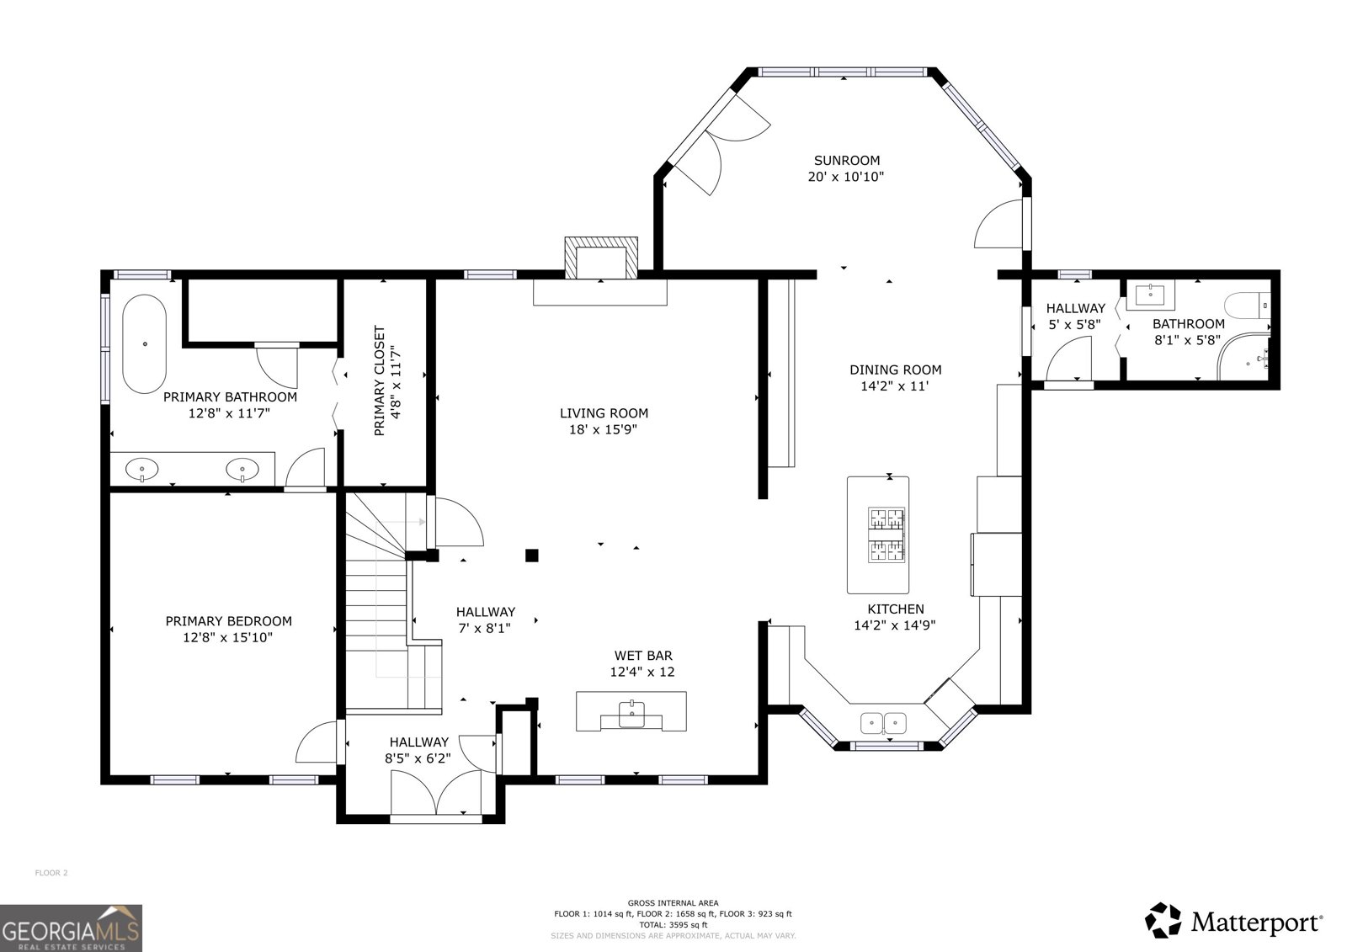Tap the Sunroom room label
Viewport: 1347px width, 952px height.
846,160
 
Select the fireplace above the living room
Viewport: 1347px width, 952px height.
600,258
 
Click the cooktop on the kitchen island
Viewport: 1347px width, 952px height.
886,535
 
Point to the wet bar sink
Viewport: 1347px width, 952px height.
631,713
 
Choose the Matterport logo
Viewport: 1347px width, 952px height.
1233,921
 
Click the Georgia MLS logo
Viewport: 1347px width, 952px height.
71,928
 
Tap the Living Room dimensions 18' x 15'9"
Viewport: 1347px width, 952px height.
604,429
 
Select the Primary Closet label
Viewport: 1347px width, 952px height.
379,380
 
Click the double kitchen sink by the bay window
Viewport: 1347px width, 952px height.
883,721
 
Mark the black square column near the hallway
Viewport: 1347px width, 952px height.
531,555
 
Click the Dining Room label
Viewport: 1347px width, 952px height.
895,370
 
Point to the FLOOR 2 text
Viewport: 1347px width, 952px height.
51,873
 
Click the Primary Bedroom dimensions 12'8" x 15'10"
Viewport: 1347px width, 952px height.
228,638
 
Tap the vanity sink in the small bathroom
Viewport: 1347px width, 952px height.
1149,295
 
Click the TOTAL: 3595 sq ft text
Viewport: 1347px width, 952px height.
673,924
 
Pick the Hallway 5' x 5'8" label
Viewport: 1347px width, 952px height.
1075,316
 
